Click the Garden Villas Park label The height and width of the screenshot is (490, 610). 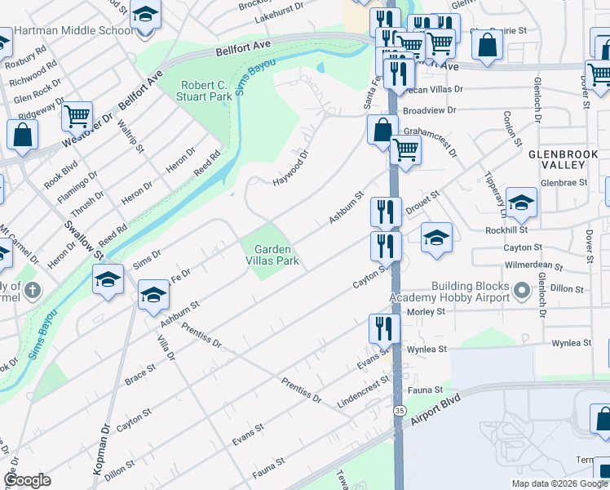click(x=276, y=255)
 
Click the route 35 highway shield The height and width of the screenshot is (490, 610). click(x=399, y=409)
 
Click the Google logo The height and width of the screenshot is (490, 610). click(x=27, y=480)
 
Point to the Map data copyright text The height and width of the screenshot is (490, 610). click(x=559, y=483)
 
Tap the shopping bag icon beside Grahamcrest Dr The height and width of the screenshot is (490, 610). click(x=382, y=129)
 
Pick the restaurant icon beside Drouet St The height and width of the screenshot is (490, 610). click(x=385, y=211)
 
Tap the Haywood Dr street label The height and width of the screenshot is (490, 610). click(x=291, y=166)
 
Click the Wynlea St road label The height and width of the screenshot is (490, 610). click(x=429, y=349)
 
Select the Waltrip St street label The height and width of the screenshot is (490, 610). click(x=130, y=137)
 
